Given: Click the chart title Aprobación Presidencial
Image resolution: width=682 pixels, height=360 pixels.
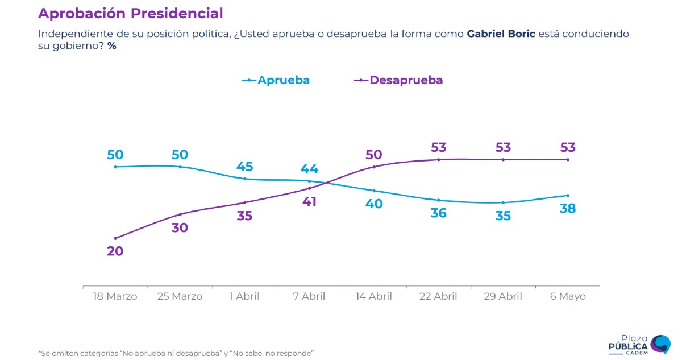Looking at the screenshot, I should click(x=130, y=13).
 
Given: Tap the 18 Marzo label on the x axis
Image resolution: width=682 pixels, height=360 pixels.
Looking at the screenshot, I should click(x=115, y=296).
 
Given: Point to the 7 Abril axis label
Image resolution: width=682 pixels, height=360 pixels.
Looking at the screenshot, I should click(x=309, y=296).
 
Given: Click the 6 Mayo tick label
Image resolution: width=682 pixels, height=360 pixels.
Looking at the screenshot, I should click(x=568, y=296).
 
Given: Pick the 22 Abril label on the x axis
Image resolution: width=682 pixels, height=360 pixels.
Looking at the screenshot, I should click(x=438, y=296).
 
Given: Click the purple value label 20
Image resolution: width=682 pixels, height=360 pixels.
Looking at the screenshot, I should click(x=115, y=251).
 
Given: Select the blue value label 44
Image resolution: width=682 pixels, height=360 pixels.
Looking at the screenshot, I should click(x=309, y=169).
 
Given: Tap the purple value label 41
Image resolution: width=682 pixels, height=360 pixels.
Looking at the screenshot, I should click(x=309, y=201).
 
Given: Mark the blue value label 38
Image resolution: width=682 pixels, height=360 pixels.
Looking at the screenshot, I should click(x=568, y=209).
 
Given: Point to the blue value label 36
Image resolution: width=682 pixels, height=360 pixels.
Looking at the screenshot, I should click(x=438, y=213).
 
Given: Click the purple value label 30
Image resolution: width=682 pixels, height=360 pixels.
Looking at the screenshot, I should click(x=180, y=227).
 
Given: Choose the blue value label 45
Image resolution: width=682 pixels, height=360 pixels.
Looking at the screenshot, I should click(x=244, y=167).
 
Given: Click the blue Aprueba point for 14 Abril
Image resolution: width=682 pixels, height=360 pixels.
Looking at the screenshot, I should click(x=374, y=191).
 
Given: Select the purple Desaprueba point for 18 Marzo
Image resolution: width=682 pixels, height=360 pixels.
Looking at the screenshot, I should click(x=115, y=238).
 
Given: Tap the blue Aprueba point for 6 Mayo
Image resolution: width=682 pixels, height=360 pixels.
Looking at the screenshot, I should click(x=568, y=196).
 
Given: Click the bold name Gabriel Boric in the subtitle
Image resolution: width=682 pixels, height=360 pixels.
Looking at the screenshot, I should click(x=501, y=34).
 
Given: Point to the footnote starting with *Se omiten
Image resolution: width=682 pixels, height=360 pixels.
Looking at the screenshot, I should click(x=176, y=353).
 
